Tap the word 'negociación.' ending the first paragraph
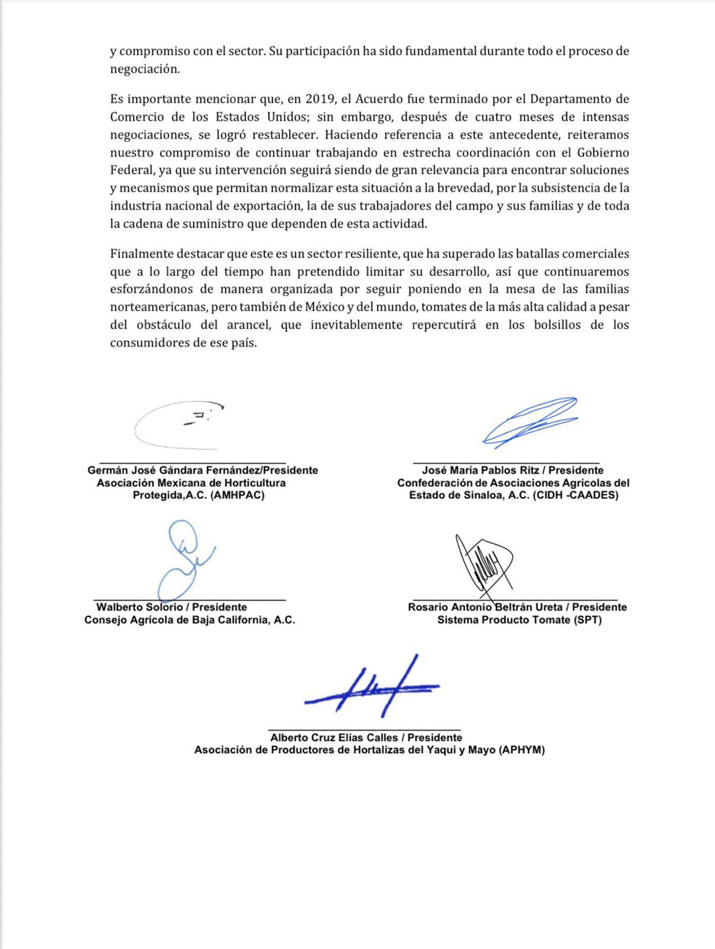tap(144, 69)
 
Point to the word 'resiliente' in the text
tap(371, 254)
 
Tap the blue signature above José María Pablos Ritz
tap(530, 421)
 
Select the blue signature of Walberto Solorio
tap(184, 561)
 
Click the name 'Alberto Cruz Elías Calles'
tap(333, 738)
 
